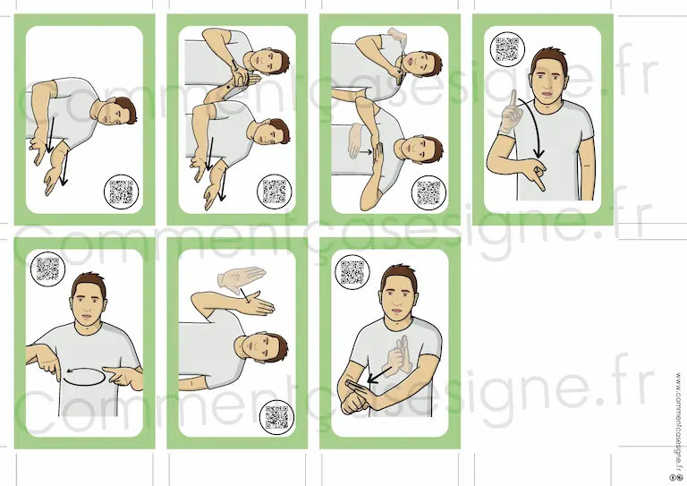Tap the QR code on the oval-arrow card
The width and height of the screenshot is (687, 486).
click(47, 269)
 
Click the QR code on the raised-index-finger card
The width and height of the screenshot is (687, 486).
click(507, 49)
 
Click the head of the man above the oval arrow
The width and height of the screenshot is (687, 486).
click(89, 299)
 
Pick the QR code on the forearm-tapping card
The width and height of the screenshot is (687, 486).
click(352, 272)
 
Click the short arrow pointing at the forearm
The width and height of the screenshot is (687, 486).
click(379, 375)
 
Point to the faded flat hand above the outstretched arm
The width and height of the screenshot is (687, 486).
click(241, 278)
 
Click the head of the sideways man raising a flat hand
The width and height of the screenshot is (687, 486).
click(262, 347)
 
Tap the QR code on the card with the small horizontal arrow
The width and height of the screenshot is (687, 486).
click(428, 192)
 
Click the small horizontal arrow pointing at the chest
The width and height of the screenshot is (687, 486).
click(366, 152)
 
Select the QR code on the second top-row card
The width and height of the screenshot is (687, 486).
click(275, 192)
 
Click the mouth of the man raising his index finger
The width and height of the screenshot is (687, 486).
click(547, 93)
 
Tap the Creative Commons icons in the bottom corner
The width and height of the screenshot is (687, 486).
click(679, 477)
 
